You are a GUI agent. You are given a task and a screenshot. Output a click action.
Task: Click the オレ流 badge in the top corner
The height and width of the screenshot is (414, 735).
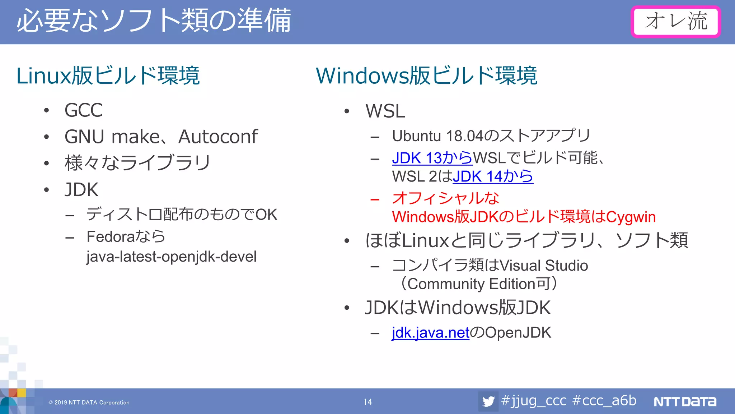[676, 22]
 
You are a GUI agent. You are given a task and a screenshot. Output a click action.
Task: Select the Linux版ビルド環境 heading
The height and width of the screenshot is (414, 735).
[108, 76]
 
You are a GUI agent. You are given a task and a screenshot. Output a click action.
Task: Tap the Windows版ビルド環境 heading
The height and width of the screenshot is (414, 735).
[426, 76]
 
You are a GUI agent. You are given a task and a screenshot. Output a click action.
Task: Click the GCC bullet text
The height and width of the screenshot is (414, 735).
[84, 110]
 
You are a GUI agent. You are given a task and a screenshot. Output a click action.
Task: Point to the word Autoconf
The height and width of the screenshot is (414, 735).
[218, 137]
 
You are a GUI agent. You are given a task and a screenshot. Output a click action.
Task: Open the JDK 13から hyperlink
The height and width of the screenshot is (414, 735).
[432, 158]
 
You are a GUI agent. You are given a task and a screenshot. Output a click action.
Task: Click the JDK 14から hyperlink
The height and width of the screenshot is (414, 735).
[493, 176]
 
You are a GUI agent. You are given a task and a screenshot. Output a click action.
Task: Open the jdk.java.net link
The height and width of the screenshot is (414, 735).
[430, 333]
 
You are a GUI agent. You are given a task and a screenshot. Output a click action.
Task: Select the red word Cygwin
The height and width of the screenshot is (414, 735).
[631, 217]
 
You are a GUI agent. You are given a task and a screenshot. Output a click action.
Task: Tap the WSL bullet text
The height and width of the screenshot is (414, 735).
[385, 111]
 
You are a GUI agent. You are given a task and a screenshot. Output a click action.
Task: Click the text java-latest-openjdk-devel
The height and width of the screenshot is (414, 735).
[172, 257]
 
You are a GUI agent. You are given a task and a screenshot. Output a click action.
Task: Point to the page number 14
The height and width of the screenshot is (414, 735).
[367, 402]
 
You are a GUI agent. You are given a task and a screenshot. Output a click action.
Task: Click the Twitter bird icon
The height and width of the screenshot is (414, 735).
[488, 401]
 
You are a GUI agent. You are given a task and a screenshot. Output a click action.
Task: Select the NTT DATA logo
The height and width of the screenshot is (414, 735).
[685, 401]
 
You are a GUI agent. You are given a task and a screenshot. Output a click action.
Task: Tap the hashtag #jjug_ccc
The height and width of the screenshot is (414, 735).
[534, 401]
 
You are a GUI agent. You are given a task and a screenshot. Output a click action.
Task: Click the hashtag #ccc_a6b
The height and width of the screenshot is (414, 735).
[604, 401]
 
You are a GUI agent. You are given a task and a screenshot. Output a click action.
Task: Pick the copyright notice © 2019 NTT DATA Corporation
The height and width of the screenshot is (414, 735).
[89, 402]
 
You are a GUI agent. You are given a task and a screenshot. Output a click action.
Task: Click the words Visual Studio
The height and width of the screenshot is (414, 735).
[544, 266]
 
